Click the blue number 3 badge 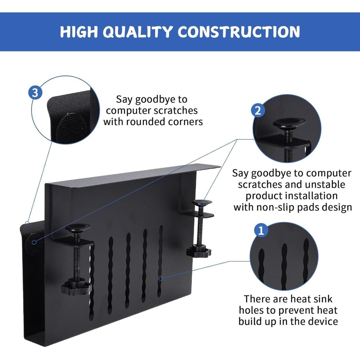(35, 93)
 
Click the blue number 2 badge (258, 110)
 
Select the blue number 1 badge (261, 230)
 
